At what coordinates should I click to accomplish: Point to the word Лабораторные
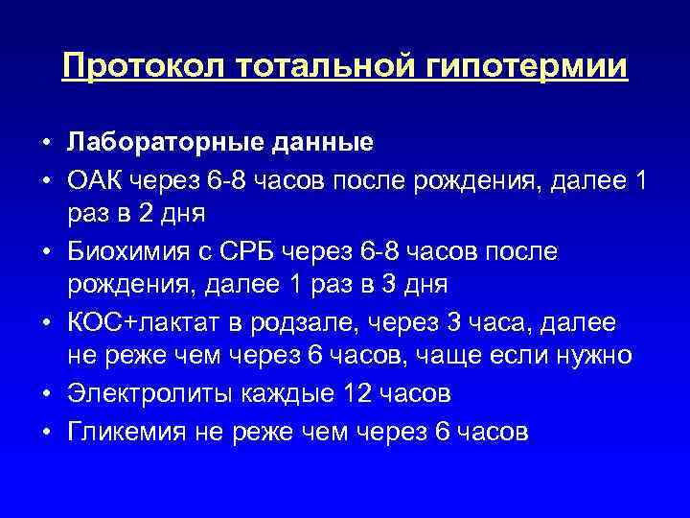pos(155,143)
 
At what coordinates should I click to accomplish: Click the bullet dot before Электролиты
pos(45,394)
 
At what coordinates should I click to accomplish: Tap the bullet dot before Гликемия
pos(45,430)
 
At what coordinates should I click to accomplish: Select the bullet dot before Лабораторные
pos(45,144)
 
